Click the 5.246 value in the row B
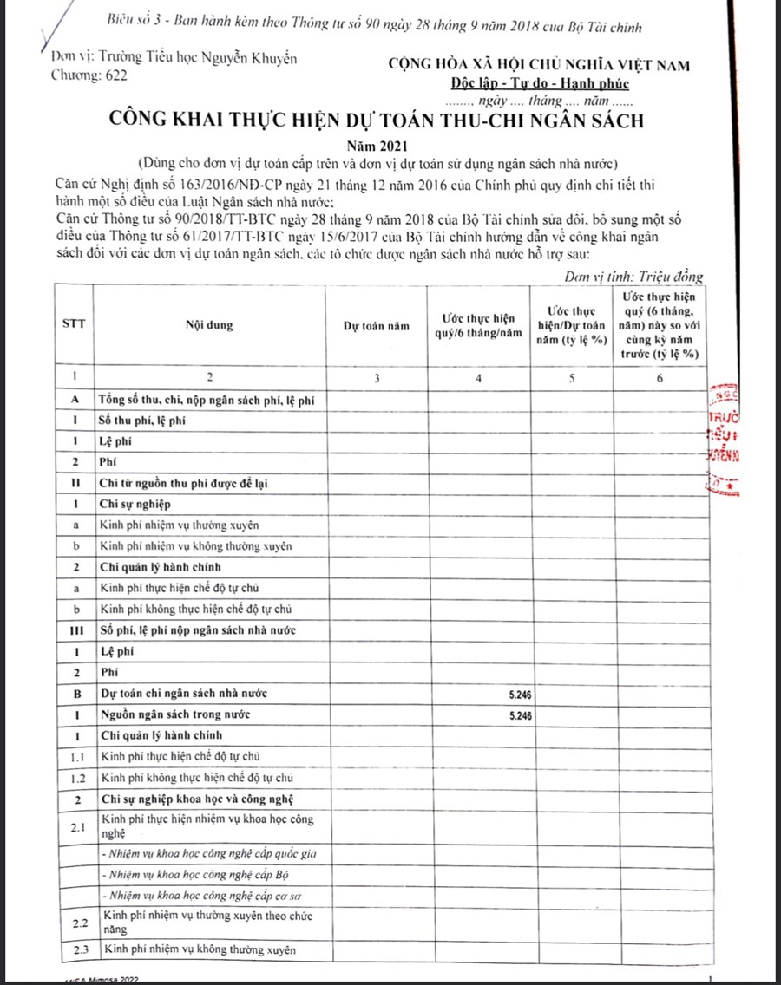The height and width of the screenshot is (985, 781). click(521, 695)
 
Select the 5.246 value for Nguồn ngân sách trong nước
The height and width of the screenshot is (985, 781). click(521, 716)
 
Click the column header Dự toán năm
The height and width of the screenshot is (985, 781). click(375, 327)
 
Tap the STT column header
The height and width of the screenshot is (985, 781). click(74, 327)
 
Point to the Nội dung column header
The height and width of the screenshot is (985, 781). click(208, 327)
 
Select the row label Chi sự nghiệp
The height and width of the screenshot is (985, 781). click(135, 504)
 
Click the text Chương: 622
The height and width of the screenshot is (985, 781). click(90, 76)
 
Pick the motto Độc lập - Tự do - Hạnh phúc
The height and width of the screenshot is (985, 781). click(540, 84)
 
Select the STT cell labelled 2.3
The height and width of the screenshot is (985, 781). click(75, 950)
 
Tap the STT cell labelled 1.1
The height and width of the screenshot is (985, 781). click(75, 757)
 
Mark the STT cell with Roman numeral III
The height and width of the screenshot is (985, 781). click(75, 629)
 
